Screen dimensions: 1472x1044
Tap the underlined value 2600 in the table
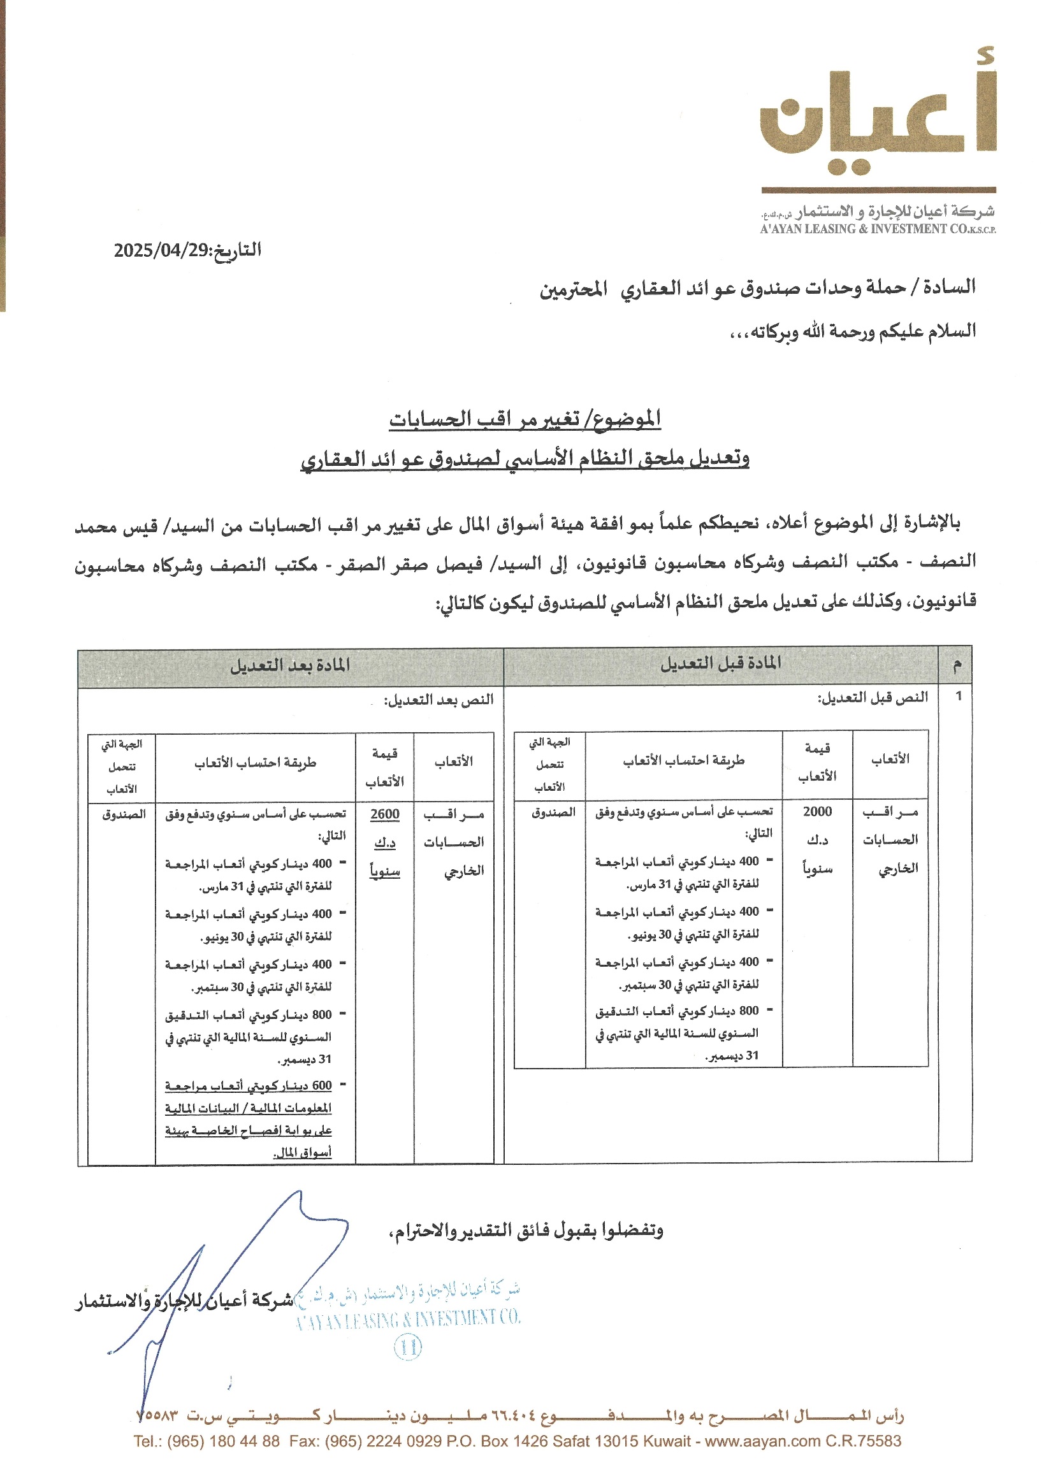384,814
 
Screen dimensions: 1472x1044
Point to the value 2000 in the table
817,811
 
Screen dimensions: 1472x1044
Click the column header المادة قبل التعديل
721,663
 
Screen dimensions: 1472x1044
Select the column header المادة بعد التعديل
290,665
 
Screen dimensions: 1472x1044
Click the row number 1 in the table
958,695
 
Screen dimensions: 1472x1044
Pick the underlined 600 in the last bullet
321,1086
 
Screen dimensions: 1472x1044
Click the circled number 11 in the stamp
408,1346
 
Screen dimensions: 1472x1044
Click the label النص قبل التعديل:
873,697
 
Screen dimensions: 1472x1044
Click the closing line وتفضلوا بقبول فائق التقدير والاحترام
526,1230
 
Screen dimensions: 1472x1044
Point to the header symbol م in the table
957,664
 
